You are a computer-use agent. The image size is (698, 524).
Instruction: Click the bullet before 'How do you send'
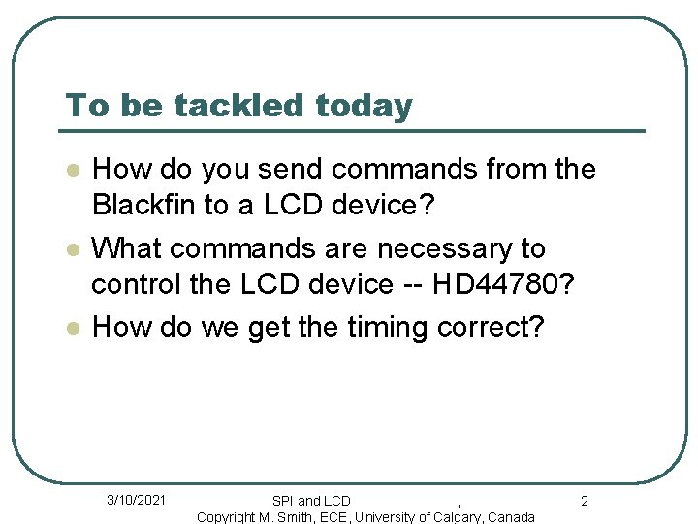tap(72, 171)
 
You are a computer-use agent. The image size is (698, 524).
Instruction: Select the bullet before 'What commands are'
tap(72, 250)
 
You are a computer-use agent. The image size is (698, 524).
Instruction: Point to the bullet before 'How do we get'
tap(72, 329)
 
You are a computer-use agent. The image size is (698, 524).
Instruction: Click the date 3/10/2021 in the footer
tap(136, 500)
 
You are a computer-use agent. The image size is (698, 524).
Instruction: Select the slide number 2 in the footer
tap(585, 501)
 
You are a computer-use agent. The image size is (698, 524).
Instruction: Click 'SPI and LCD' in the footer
tap(311, 501)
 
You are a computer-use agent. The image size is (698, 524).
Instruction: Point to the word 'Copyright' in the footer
tap(227, 517)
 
